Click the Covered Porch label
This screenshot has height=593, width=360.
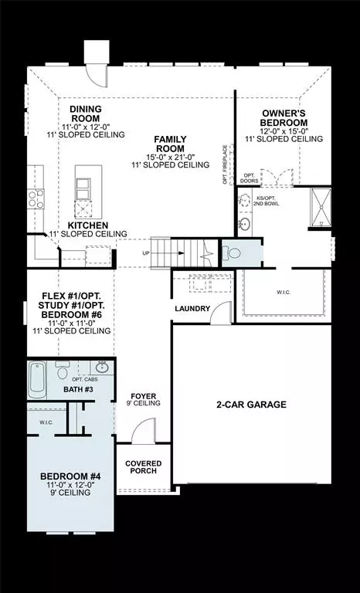click(x=144, y=468)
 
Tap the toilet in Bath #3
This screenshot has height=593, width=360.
click(x=63, y=370)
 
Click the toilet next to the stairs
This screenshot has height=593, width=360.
click(x=233, y=252)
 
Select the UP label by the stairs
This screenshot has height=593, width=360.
click(x=144, y=252)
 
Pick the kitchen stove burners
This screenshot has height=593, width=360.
click(x=36, y=199)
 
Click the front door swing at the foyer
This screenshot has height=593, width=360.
click(x=144, y=432)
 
